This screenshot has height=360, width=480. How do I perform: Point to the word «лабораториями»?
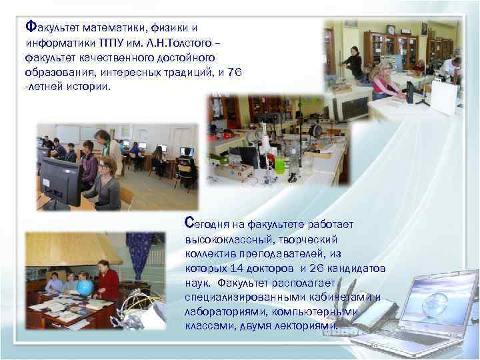[x=218, y=311]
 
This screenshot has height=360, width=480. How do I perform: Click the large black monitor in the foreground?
[x=60, y=181]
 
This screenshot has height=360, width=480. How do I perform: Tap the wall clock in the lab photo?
[x=391, y=29]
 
